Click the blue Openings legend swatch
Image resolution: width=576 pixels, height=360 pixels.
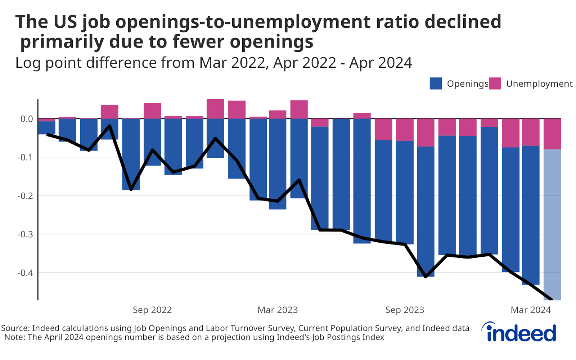tap(436, 84)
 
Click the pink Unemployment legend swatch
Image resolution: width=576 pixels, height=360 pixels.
tap(495, 84)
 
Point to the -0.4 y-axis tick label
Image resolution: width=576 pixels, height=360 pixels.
tap(25, 273)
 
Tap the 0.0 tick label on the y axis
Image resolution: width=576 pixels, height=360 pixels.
tap(27, 119)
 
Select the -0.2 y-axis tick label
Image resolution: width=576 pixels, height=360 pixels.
tap(25, 196)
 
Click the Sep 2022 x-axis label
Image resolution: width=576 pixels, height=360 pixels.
tap(152, 310)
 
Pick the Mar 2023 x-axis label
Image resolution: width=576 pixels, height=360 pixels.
tap(278, 310)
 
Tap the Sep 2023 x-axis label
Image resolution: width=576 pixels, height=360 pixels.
tap(405, 310)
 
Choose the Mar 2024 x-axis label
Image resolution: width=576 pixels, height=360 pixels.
tap(531, 310)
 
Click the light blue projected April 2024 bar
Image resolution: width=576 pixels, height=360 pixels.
tap(552, 223)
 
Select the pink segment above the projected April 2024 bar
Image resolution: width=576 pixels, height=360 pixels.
tap(552, 134)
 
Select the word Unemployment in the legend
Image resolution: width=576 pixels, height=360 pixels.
tap(539, 84)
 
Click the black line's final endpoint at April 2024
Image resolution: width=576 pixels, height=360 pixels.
tap(552, 299)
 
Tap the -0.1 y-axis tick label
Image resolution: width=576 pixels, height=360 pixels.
tap(25, 157)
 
